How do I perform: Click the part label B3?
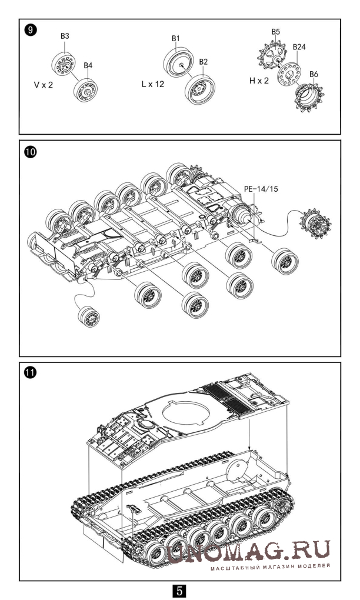pos(65,36)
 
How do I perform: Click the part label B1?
pos(175,39)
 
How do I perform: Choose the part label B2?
pos(204,62)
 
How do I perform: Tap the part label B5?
pos(275,31)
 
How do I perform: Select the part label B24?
pos(300,46)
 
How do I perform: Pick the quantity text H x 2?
pos(259,80)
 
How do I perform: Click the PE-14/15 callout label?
pos(261,188)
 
